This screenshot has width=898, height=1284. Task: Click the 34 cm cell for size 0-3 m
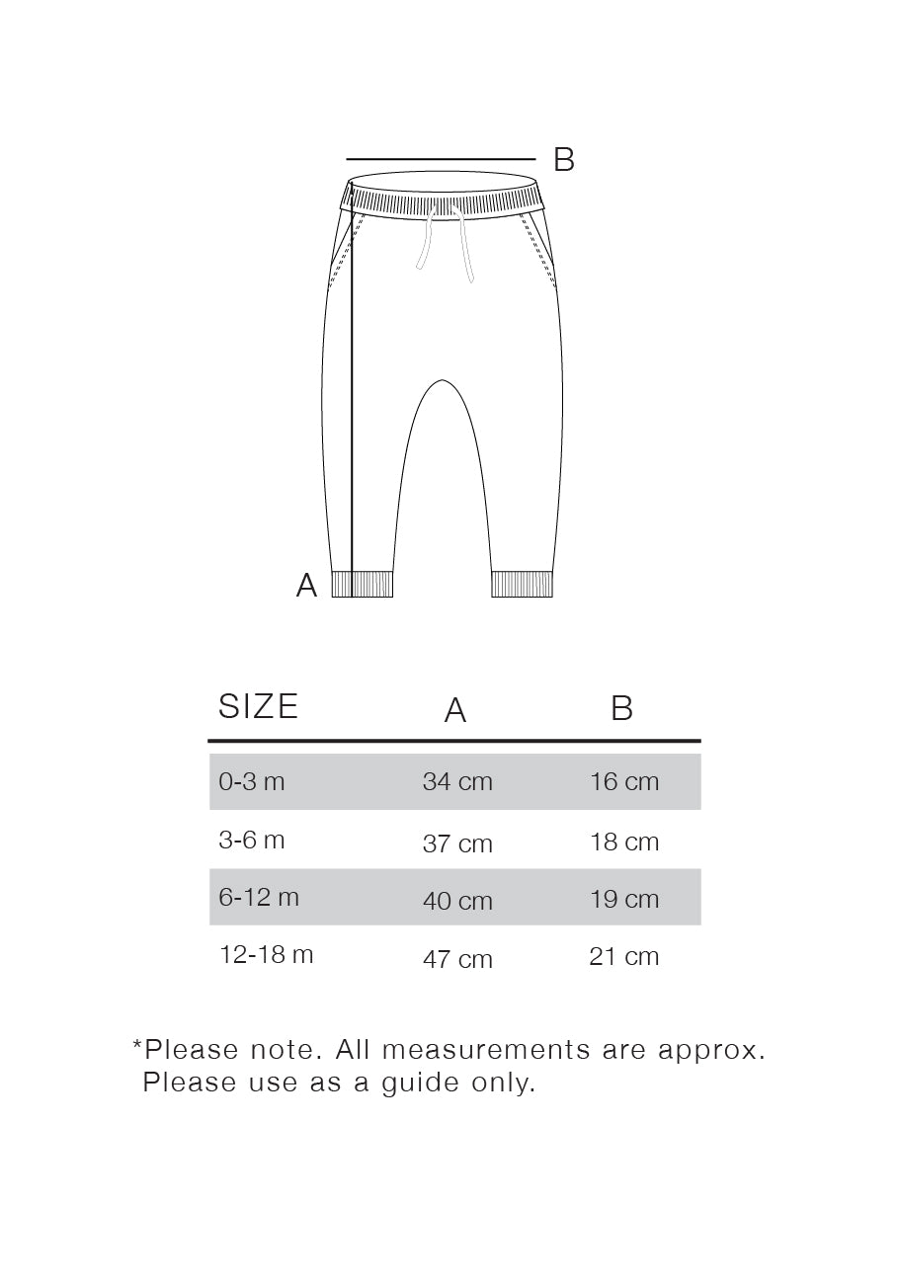point(457,782)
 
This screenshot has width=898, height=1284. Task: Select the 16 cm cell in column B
point(624,782)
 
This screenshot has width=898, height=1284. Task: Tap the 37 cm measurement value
point(457,843)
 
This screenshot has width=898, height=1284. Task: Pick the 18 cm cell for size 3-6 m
point(624,843)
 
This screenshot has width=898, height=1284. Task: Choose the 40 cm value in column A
point(457,901)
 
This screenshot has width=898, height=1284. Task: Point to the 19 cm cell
point(624,900)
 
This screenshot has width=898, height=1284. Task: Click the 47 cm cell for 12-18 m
point(457,959)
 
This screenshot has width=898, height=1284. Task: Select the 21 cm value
point(624,957)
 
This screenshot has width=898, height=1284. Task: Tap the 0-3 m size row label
point(252,781)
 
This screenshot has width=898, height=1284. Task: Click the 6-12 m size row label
point(259,897)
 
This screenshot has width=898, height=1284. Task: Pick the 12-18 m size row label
point(267,955)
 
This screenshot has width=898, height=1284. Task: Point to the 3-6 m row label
point(252,841)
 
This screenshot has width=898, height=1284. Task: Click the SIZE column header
point(258,706)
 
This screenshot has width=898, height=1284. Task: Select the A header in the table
point(455,710)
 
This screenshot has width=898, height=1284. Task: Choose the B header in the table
point(621,708)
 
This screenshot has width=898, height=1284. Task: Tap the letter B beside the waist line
point(563,159)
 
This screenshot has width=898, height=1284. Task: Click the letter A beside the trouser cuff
point(307,586)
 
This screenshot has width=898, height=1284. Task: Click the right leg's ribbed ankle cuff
point(523,584)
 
